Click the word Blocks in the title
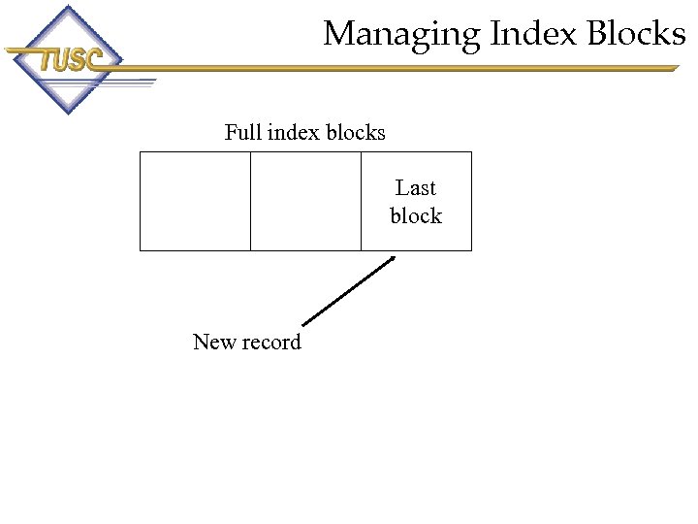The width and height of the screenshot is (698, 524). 635,34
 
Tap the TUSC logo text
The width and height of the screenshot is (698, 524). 69,60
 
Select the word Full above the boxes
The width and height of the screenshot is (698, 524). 242,132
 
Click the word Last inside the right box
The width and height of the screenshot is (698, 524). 416,187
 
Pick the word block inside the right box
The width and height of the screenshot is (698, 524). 416,215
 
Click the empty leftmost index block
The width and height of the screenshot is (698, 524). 195,201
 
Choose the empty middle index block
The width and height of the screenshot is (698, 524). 305,201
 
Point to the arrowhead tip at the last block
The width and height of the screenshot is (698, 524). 396,256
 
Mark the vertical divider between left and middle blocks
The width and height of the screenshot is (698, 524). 250,201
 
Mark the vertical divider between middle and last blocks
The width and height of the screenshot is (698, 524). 361,201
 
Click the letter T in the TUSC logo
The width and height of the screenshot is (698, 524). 47,61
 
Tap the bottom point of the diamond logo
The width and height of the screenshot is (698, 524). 66,115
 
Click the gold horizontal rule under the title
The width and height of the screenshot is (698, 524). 407,68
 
